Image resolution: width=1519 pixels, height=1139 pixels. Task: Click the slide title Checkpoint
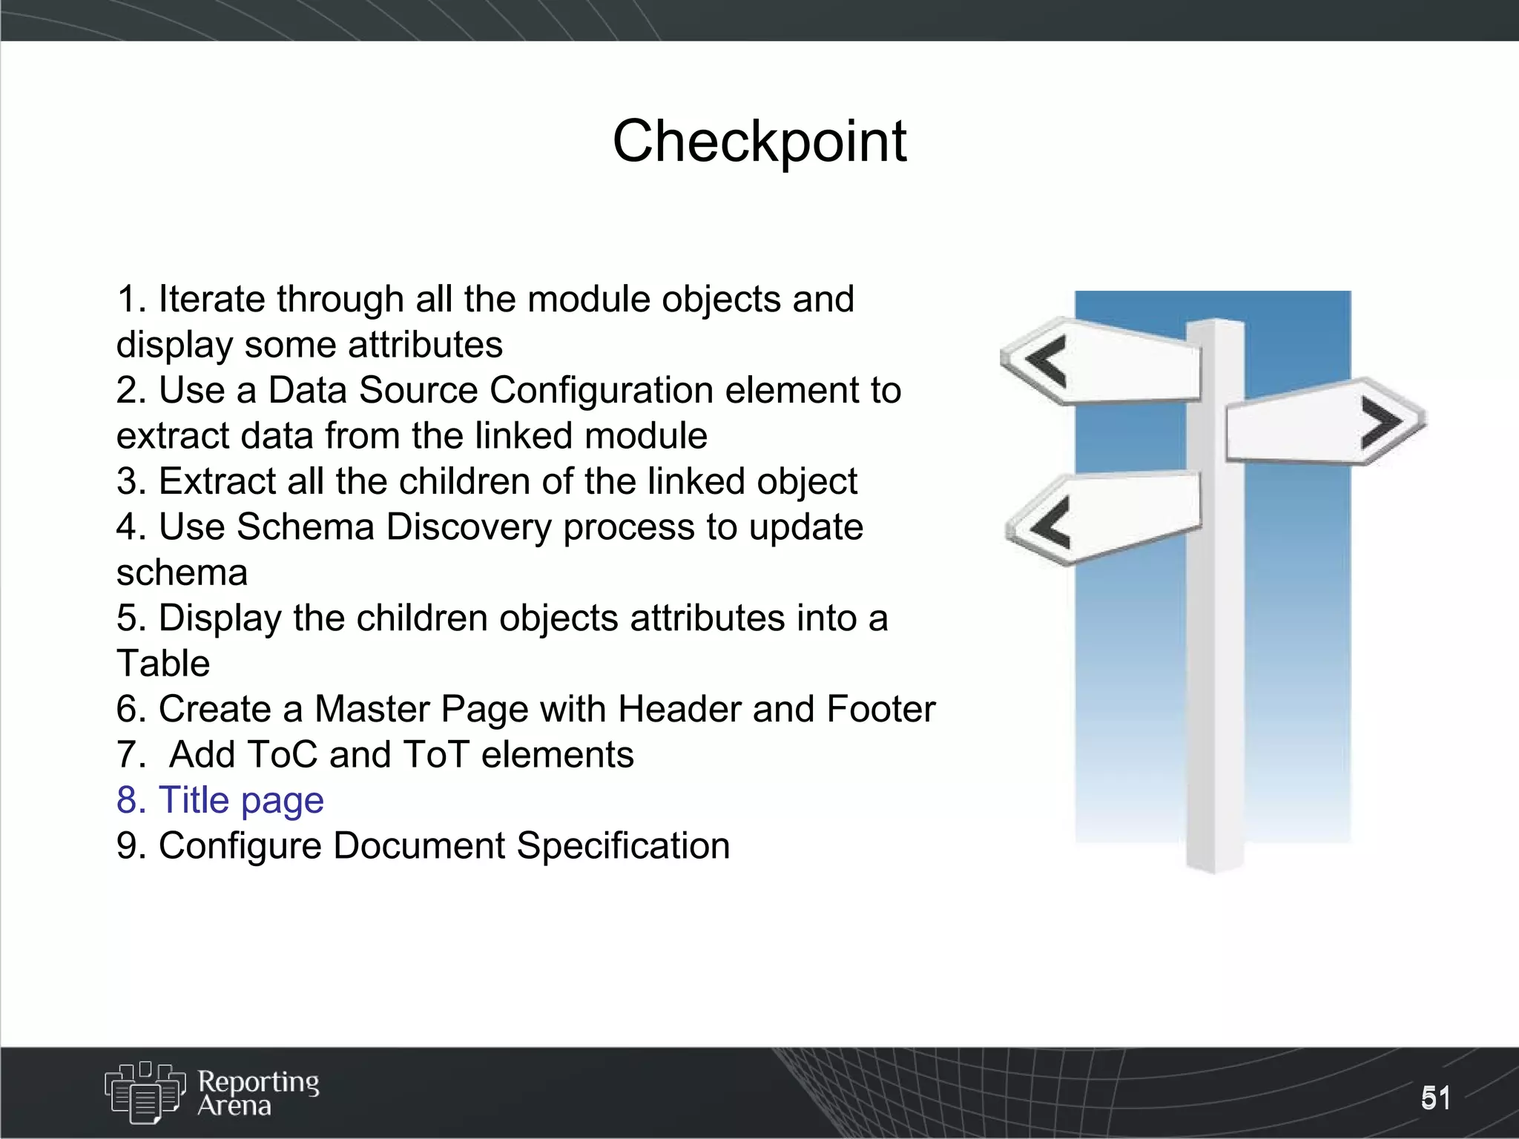point(759,141)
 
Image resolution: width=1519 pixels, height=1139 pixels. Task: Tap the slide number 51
point(1435,1098)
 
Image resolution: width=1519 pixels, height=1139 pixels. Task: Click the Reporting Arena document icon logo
point(145,1092)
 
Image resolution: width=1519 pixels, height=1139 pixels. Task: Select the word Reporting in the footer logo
point(258,1082)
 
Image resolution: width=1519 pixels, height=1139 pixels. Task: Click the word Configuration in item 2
point(601,391)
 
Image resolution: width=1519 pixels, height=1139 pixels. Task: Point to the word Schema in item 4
point(305,527)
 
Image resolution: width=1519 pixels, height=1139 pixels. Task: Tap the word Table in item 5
point(163,664)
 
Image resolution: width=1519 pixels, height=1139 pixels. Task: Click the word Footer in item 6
point(880,709)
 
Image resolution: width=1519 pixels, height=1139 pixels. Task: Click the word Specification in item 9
point(623,846)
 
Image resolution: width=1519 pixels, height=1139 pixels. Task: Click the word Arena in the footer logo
point(234,1106)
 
